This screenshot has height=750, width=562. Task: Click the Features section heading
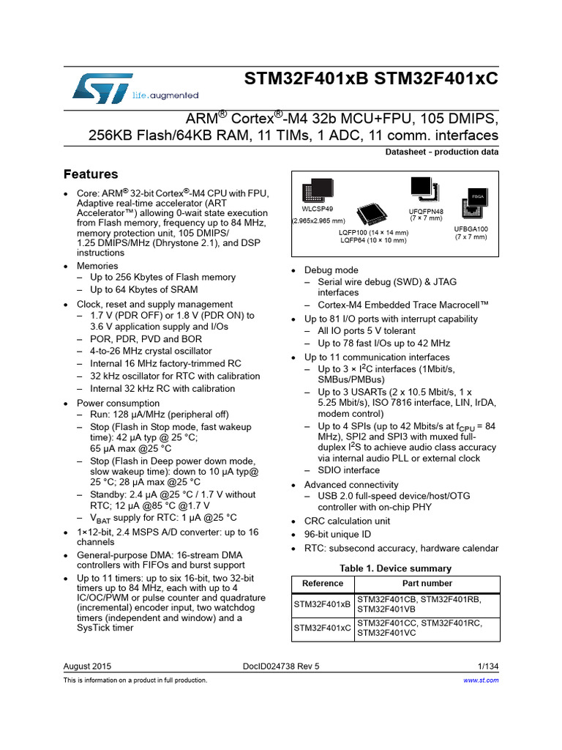tap(91, 174)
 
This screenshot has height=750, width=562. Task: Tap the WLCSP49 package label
tap(312, 207)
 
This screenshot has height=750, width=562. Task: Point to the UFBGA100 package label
tap(471, 229)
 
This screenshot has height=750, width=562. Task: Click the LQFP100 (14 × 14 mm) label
tap(373, 232)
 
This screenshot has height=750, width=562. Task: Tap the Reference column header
tap(323, 584)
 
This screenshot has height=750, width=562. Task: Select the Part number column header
tap(427, 584)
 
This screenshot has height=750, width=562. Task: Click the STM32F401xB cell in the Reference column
tap(323, 604)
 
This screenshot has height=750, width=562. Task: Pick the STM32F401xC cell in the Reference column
tap(323, 628)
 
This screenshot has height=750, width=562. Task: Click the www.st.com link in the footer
tap(482, 680)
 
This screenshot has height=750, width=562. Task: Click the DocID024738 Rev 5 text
tap(281, 666)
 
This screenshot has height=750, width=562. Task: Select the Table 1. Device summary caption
tap(395, 568)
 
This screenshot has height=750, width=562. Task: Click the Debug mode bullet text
tap(331, 270)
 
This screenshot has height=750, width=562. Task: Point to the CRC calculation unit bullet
tap(347, 521)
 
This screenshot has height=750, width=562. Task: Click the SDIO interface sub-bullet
tap(349, 470)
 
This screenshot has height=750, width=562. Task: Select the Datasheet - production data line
tap(441, 152)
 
